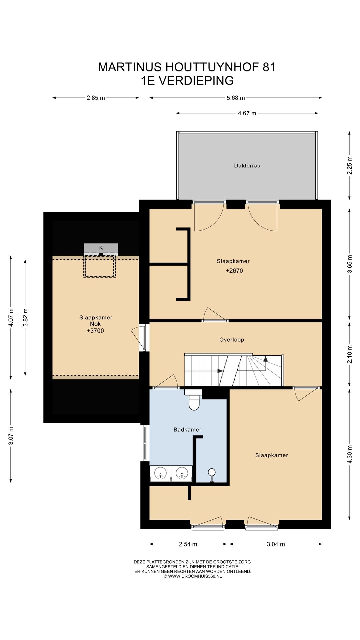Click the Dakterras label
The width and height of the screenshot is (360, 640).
pyautogui.click(x=247, y=166)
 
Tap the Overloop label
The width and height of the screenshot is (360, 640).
pyautogui.click(x=232, y=340)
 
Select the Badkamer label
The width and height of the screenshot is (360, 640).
pyautogui.click(x=187, y=430)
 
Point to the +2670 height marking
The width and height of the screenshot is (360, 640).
pyautogui.click(x=234, y=271)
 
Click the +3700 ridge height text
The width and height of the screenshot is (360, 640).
pyautogui.click(x=95, y=331)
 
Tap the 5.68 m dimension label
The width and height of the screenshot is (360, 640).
pyautogui.click(x=236, y=98)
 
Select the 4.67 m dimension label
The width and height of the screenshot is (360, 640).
pyautogui.click(x=247, y=113)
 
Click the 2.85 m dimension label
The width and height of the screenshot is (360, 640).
pyautogui.click(x=96, y=98)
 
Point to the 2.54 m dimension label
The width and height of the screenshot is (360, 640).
pyautogui.click(x=188, y=544)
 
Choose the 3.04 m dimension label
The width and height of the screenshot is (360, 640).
pyautogui.click(x=276, y=544)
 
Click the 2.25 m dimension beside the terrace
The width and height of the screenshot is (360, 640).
pyautogui.click(x=349, y=165)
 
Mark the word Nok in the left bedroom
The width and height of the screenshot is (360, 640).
pyautogui.click(x=95, y=324)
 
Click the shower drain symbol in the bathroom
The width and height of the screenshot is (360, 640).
pyautogui.click(x=211, y=475)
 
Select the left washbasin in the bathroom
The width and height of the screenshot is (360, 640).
pyautogui.click(x=160, y=473)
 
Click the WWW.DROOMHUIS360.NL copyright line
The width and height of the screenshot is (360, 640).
pyautogui.click(x=192, y=576)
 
